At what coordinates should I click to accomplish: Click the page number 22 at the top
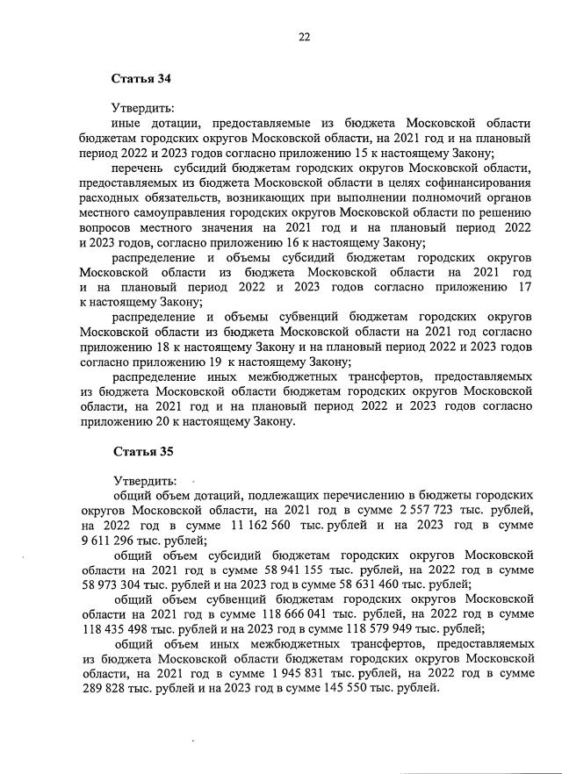coord(304,37)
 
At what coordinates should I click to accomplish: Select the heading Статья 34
coord(140,79)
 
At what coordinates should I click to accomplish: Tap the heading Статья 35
coord(140,453)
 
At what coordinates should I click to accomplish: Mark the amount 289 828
coord(104,688)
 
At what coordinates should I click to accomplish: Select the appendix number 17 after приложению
coord(525,287)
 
